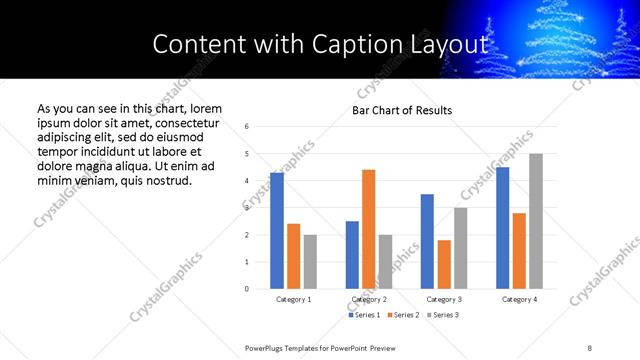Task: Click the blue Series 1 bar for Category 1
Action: (277, 231)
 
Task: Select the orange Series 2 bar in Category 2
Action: (368, 229)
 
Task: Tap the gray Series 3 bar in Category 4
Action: (536, 221)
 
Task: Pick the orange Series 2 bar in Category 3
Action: (444, 264)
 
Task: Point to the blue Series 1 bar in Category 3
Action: (427, 241)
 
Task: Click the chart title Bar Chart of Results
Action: (402, 110)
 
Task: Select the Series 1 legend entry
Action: (364, 315)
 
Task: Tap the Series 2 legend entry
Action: (402, 315)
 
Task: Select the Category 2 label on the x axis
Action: (368, 299)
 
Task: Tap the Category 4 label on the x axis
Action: (519, 299)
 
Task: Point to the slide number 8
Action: (589, 347)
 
